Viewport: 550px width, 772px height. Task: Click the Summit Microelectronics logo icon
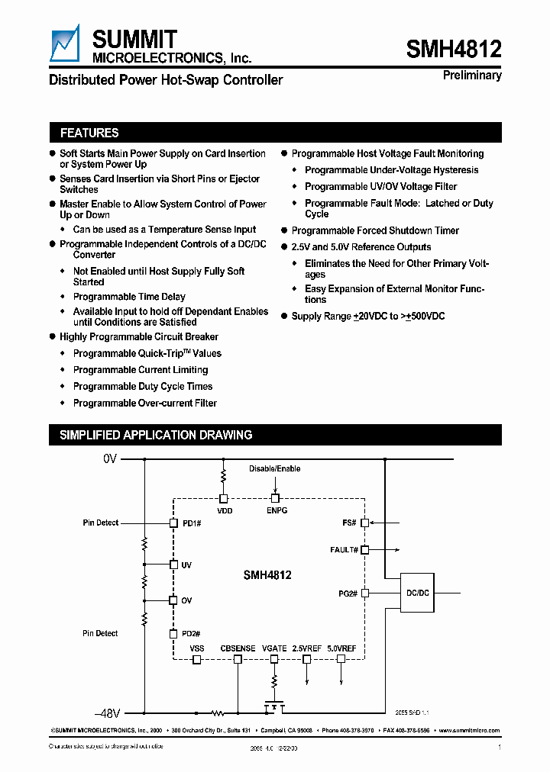coord(65,43)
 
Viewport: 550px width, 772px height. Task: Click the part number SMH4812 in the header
coord(454,50)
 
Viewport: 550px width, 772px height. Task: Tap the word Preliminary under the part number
coord(472,76)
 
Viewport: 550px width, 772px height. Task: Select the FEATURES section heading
coord(89,133)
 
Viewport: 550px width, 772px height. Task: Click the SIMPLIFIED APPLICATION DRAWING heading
coord(156,435)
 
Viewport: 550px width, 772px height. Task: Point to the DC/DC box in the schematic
coord(417,592)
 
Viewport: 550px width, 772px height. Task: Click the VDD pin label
coord(225,510)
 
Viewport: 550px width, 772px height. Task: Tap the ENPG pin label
coord(276,510)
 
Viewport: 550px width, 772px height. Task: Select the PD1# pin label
coord(191,523)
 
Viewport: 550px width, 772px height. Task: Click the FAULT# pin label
coord(344,549)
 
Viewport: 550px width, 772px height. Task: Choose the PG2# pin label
coord(348,592)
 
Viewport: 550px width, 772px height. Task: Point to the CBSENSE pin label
coord(238,648)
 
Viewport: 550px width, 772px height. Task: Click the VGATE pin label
coord(274,648)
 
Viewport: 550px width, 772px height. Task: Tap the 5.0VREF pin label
coord(341,648)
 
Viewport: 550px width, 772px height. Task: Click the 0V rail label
coord(110,459)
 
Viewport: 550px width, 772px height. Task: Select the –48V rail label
coord(108,714)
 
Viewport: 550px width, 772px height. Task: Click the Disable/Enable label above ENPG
coord(275,468)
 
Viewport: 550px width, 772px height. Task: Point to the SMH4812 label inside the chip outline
coord(268,577)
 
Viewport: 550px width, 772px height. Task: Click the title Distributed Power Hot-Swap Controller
coord(166,80)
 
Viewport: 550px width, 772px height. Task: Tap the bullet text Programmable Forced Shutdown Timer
coord(375,230)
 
